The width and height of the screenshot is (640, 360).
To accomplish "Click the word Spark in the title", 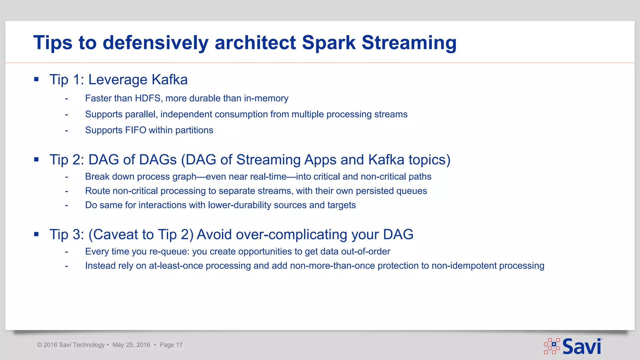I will [329, 42].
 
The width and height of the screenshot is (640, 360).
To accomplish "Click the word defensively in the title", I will [155, 42].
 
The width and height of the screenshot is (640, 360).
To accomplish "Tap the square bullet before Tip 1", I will [37, 79].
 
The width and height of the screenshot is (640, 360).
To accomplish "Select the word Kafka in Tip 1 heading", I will [169, 79].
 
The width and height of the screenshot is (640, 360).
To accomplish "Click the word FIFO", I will [136, 130].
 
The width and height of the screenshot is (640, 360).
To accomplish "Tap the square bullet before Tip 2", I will [37, 160].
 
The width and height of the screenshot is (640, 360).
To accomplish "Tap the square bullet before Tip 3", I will [37, 234].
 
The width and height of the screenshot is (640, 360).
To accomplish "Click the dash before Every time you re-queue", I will [67, 252].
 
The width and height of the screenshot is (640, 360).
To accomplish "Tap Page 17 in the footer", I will [171, 345].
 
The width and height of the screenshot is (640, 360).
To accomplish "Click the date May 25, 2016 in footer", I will [131, 345].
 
